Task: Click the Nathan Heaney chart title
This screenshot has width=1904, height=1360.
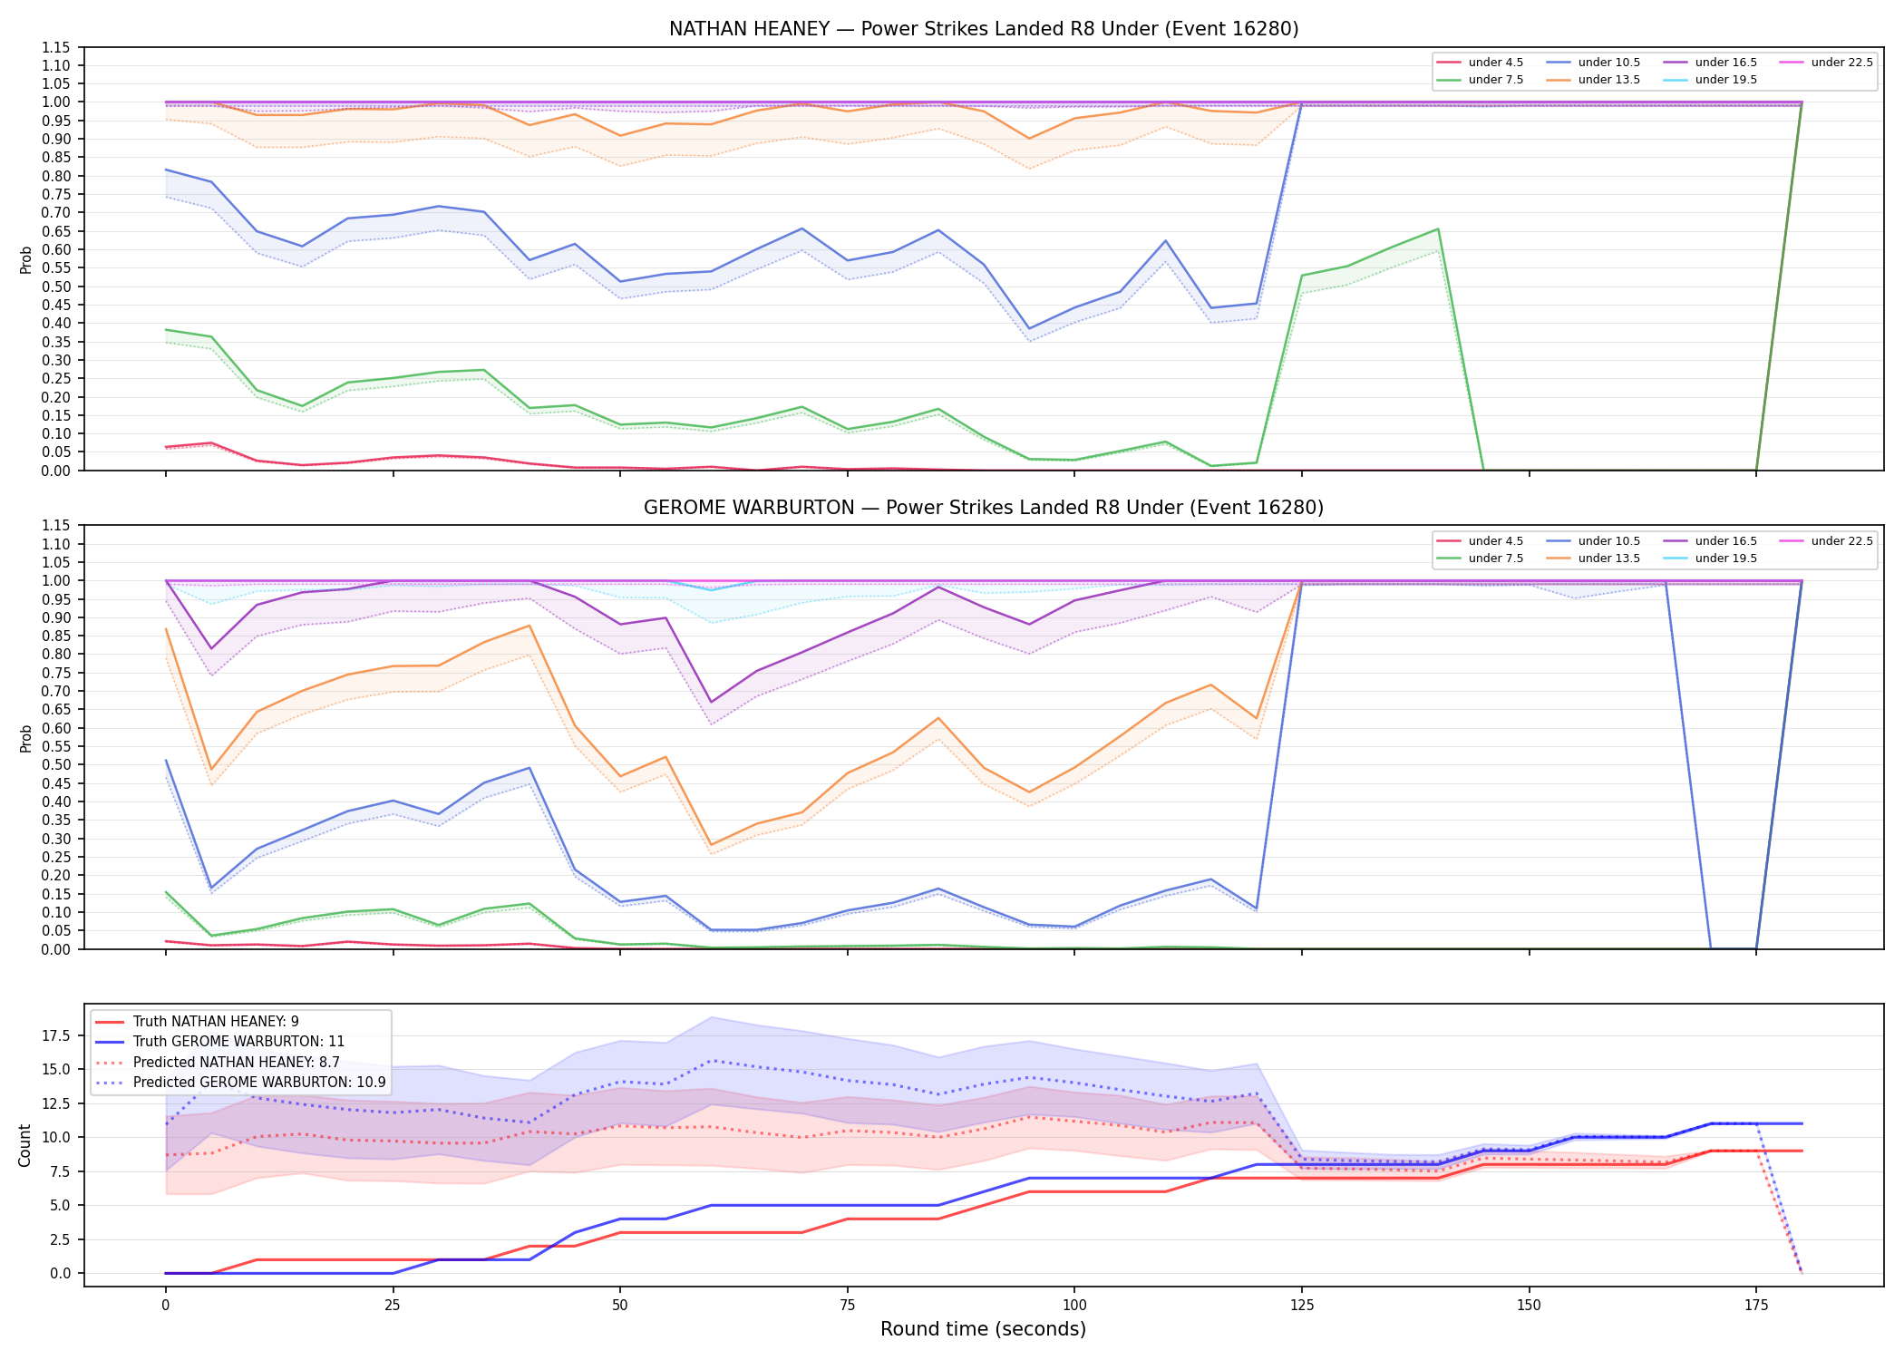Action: [984, 29]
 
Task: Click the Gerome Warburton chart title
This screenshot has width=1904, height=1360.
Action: [984, 508]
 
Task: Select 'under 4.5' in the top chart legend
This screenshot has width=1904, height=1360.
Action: [1496, 63]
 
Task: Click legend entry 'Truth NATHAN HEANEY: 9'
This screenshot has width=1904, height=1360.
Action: [216, 1022]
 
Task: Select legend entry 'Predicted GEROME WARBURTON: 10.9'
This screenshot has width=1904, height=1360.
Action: [259, 1082]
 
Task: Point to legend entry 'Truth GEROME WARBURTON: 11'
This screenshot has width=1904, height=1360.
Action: [238, 1042]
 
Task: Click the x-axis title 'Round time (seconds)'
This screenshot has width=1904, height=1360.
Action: [983, 1329]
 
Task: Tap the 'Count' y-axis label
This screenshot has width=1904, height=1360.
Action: [24, 1145]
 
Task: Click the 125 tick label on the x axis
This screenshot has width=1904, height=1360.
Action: [1301, 1306]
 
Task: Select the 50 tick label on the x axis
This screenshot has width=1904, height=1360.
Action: [619, 1306]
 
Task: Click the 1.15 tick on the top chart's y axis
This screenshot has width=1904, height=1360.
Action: [56, 47]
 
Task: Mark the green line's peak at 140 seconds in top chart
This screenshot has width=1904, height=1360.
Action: [1438, 229]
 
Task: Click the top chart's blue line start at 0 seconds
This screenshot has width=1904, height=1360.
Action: [166, 170]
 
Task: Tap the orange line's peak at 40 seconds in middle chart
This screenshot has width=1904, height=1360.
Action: [529, 626]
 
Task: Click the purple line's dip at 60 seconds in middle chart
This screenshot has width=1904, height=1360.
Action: [712, 702]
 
